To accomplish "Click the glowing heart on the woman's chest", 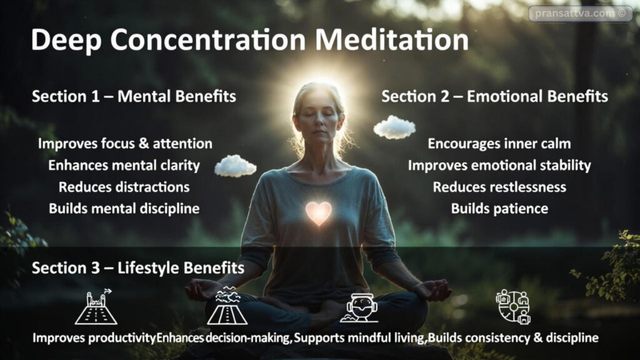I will [x=319, y=213].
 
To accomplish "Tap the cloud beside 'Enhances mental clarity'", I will [x=235, y=166].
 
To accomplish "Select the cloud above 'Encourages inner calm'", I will [x=394, y=127].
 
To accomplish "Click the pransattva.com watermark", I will [x=580, y=13].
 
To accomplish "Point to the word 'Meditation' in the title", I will [x=391, y=41].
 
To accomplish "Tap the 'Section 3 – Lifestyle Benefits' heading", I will [x=138, y=268].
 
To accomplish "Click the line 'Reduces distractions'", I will [x=124, y=187].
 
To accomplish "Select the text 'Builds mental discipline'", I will [x=124, y=209].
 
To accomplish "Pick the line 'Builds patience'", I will [x=499, y=209].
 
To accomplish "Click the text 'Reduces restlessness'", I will [x=499, y=187].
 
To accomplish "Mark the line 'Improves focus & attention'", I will [x=125, y=144].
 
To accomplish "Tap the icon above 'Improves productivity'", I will [x=96, y=307].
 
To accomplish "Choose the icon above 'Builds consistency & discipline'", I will [x=513, y=306].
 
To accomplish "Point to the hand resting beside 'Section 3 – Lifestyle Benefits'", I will [x=203, y=289].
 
